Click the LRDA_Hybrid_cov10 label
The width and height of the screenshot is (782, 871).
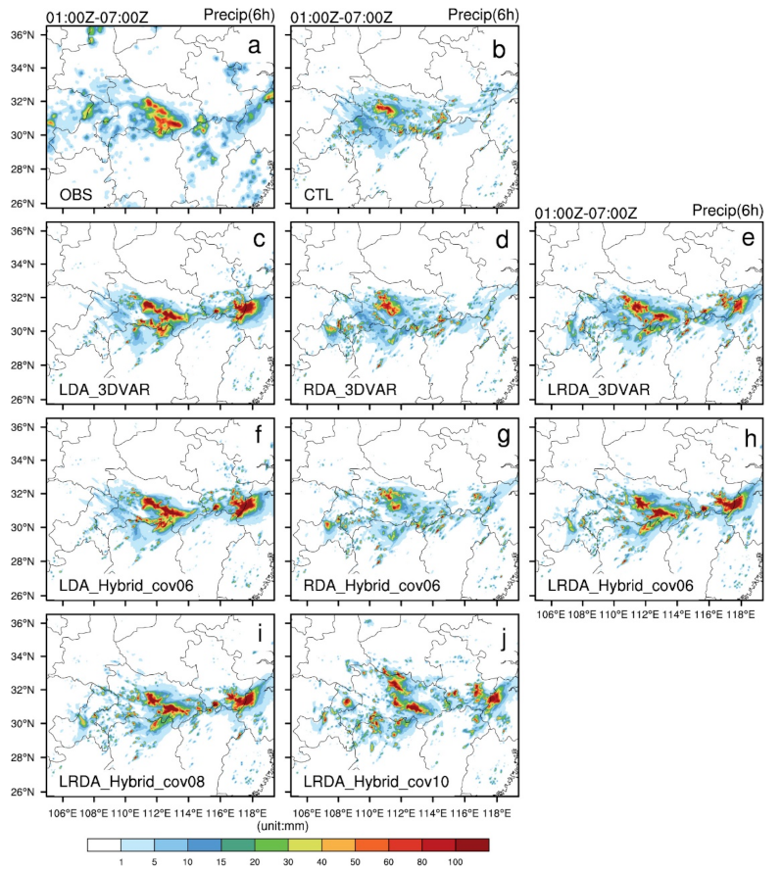click(x=361, y=783)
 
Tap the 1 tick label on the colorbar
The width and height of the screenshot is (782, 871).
click(x=121, y=861)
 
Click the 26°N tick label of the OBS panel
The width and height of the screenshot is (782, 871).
click(x=24, y=204)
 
